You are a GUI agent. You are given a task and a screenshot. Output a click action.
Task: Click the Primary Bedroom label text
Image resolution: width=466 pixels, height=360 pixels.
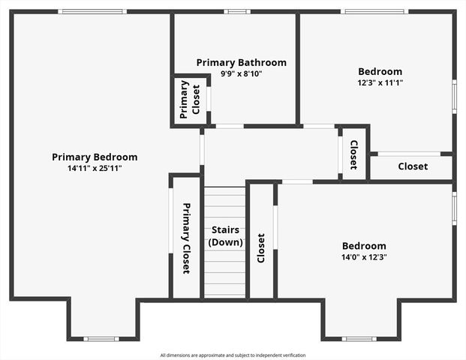pyautogui.click(x=95, y=157)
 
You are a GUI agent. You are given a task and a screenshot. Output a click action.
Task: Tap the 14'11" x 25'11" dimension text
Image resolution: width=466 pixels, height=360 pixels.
pyautogui.click(x=95, y=168)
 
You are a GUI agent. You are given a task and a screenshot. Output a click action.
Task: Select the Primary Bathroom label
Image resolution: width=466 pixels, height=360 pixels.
pyautogui.click(x=241, y=63)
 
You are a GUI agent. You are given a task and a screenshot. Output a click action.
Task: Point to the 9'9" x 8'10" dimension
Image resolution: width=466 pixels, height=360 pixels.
pyautogui.click(x=241, y=73)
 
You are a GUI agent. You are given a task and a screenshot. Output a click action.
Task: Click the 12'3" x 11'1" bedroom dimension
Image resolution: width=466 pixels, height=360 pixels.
pyautogui.click(x=380, y=82)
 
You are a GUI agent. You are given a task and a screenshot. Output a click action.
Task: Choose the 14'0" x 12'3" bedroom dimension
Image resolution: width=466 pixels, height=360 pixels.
pyautogui.click(x=364, y=256)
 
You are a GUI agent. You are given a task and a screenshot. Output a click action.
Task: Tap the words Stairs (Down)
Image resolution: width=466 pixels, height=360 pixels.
pyautogui.click(x=225, y=236)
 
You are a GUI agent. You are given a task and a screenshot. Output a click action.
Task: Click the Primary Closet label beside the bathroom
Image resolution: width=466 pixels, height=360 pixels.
pyautogui.click(x=190, y=99)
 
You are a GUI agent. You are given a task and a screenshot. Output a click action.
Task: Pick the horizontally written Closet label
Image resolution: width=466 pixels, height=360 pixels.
pyautogui.click(x=413, y=166)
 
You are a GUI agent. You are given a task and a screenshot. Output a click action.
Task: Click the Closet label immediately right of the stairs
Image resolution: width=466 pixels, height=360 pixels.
pyautogui.click(x=261, y=248)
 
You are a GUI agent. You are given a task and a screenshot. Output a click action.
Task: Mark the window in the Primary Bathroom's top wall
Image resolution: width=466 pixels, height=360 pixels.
pyautogui.click(x=237, y=11)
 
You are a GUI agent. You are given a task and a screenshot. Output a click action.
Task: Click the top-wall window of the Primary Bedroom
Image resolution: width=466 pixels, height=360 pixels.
pyautogui.click(x=92, y=11)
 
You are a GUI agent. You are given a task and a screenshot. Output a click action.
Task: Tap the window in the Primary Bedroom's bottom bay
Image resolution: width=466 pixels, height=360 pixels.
pyautogui.click(x=101, y=339)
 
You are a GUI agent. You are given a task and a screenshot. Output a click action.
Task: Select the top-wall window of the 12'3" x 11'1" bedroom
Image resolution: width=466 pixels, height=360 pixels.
pyautogui.click(x=374, y=11)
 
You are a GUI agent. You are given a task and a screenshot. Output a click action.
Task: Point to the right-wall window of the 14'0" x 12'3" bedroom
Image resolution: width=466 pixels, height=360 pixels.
pyautogui.click(x=454, y=208)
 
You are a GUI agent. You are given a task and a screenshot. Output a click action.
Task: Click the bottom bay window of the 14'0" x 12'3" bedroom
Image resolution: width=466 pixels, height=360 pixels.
pyautogui.click(x=359, y=339)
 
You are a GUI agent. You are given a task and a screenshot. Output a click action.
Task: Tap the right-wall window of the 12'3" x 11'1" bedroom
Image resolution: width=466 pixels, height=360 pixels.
pyautogui.click(x=454, y=97)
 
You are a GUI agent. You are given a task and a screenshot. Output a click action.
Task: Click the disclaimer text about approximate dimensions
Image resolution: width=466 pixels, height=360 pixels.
pyautogui.click(x=233, y=355)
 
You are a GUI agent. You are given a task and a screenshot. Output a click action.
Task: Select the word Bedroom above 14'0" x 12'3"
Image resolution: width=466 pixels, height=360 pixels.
pyautogui.click(x=364, y=246)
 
